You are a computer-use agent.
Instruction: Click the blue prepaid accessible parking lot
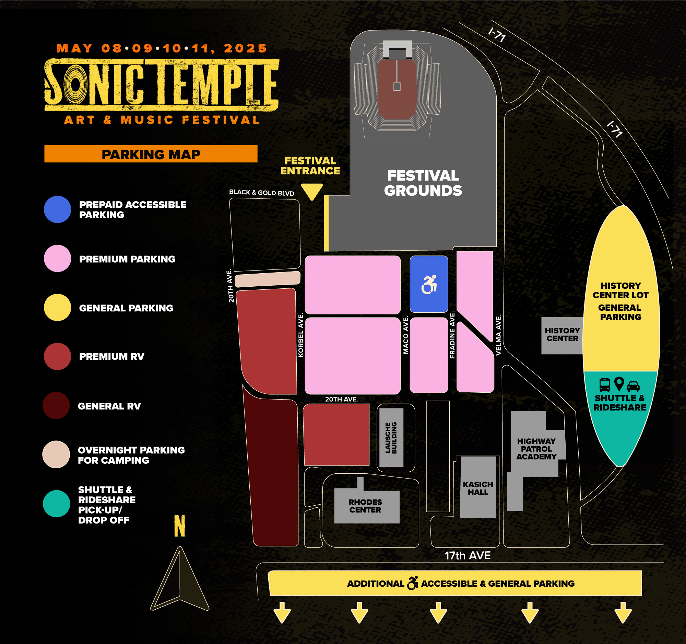click(x=429, y=284)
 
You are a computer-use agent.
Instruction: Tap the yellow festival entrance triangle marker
click(x=312, y=191)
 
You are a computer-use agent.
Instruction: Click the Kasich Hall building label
click(x=478, y=488)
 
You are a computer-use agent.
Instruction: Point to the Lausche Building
click(x=391, y=437)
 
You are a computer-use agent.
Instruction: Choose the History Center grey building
click(x=562, y=336)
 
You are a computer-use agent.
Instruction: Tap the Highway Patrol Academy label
click(x=536, y=449)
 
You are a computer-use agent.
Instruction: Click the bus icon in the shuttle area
click(x=605, y=385)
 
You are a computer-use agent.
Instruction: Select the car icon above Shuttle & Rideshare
click(x=633, y=386)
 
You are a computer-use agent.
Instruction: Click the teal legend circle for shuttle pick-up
click(x=57, y=504)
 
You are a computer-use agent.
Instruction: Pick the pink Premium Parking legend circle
click(x=58, y=258)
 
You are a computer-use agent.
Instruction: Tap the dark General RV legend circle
click(x=56, y=405)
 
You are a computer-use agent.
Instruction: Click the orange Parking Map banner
click(x=151, y=154)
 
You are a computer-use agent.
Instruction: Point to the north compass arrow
click(x=180, y=578)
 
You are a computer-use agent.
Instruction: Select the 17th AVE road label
click(x=468, y=555)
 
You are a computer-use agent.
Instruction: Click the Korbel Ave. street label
click(x=300, y=335)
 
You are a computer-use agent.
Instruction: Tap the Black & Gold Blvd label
click(x=262, y=192)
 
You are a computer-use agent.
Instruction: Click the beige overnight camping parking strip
click(x=268, y=279)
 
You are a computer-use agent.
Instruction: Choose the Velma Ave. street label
click(x=498, y=335)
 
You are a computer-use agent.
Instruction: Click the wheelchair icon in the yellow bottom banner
click(x=413, y=583)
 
